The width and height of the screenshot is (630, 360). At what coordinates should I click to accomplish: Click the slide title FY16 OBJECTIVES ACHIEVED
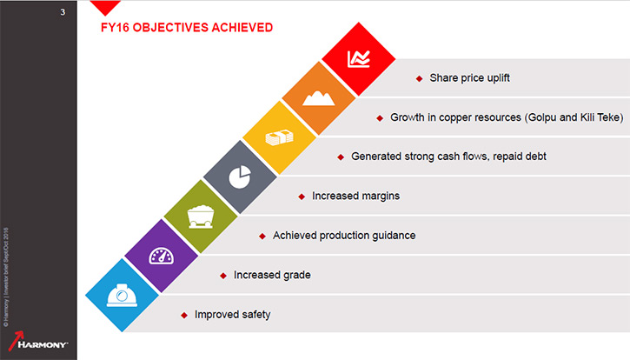(x=187, y=27)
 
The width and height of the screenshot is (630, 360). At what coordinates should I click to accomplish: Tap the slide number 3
(x=63, y=12)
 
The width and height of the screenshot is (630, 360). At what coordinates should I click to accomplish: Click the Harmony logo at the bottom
(x=37, y=341)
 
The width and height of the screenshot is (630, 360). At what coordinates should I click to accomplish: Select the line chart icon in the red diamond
(x=358, y=59)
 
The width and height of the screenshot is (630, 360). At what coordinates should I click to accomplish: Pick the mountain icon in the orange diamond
(x=319, y=98)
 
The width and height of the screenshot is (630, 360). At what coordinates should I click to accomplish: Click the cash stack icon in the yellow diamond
(x=279, y=137)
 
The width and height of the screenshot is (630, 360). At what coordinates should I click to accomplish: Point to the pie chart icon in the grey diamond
(x=240, y=177)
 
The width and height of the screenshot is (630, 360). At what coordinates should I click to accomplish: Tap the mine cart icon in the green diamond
(x=201, y=217)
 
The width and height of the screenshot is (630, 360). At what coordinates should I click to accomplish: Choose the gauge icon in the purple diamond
(x=161, y=256)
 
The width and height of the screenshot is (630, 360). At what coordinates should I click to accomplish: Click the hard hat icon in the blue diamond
(x=122, y=296)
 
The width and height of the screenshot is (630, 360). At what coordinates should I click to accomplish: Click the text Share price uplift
(x=470, y=77)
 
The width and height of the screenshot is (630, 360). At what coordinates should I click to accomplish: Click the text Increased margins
(x=356, y=196)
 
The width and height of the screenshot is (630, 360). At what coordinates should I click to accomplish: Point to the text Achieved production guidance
(x=344, y=236)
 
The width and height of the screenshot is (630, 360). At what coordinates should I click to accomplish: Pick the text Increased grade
(x=272, y=275)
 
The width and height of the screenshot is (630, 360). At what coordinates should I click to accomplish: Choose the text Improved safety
(x=233, y=314)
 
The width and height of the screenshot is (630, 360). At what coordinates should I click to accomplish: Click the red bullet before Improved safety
(x=184, y=316)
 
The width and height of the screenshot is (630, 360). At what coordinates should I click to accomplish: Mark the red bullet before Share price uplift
(x=419, y=79)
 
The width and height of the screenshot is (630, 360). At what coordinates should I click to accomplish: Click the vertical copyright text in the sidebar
(x=6, y=277)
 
